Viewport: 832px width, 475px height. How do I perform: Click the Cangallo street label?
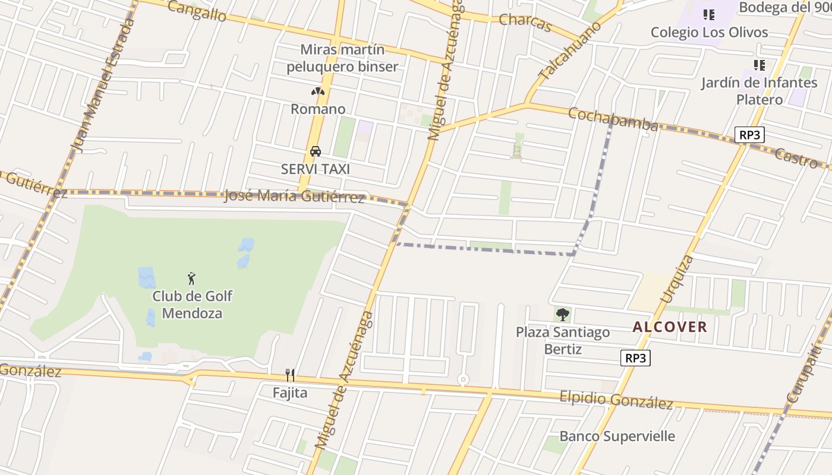point(197,11)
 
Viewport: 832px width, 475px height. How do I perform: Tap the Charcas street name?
point(525,23)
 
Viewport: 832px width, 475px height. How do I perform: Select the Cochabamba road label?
point(613,119)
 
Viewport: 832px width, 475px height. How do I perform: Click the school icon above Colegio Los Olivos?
point(708,15)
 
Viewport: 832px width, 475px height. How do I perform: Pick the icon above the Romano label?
point(317,92)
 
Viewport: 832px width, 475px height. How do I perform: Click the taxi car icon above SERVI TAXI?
point(316,151)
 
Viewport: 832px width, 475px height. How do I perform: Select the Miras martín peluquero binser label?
point(342,58)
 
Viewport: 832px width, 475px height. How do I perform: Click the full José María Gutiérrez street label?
point(294,197)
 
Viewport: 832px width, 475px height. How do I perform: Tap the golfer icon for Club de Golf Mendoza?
point(191,278)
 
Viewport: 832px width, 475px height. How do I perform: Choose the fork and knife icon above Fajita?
point(290,375)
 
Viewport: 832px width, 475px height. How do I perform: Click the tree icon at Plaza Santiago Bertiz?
point(562,315)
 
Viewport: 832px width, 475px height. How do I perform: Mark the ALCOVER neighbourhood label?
point(670,327)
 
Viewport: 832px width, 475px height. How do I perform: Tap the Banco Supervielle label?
point(617,436)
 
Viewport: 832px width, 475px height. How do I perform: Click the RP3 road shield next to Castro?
point(749,135)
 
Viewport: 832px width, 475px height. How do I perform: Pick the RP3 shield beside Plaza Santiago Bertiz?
point(635,358)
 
